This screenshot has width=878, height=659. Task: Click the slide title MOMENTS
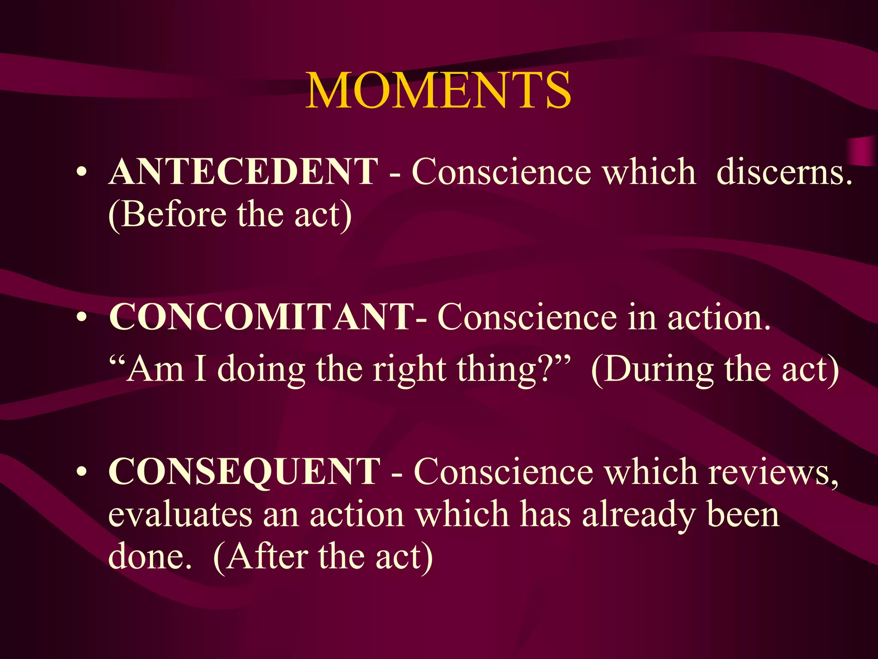pos(438,91)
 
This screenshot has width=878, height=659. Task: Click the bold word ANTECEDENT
pos(244,172)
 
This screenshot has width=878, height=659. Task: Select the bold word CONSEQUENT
pos(244,472)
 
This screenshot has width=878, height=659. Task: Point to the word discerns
pos(784,172)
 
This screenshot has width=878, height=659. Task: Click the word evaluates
pos(180,514)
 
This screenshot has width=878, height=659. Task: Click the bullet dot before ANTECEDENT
pos(81,173)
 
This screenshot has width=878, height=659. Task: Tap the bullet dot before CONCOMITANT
pos(81,318)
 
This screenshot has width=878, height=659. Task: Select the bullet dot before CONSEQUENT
pos(81,472)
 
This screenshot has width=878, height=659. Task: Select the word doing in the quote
pos(261,370)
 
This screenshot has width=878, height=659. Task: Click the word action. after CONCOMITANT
pos(719,318)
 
